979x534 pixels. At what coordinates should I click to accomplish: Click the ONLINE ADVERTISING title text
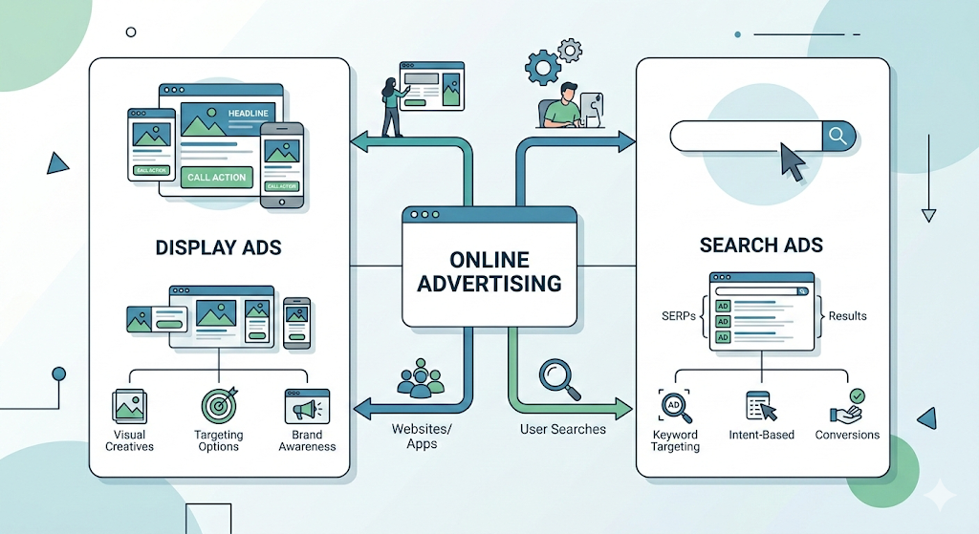point(489,270)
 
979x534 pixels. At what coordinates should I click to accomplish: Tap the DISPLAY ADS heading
point(218,247)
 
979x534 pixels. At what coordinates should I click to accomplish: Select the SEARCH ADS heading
point(762,245)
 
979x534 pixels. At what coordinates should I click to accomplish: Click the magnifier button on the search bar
point(838,137)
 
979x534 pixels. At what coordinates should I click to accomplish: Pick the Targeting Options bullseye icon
point(218,405)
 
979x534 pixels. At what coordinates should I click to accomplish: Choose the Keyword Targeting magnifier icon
point(675,406)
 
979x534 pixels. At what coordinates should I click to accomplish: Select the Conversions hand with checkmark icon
point(847,406)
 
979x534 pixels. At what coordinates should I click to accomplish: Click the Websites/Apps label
point(422,437)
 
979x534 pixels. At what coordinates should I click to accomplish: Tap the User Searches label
point(563,429)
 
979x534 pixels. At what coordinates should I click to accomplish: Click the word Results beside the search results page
point(848,315)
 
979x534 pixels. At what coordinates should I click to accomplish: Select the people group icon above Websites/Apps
point(421,378)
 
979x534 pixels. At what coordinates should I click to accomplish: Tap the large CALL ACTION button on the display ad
point(217,177)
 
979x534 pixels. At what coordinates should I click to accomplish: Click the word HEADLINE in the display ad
point(249,114)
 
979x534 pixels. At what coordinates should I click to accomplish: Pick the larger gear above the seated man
point(542,67)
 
